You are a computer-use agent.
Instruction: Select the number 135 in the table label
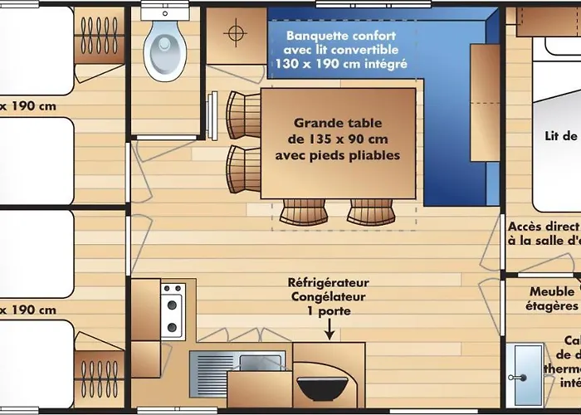320,139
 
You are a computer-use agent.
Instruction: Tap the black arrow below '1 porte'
330,331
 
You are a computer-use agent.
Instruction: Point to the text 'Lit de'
560,136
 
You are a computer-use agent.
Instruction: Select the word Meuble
550,291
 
